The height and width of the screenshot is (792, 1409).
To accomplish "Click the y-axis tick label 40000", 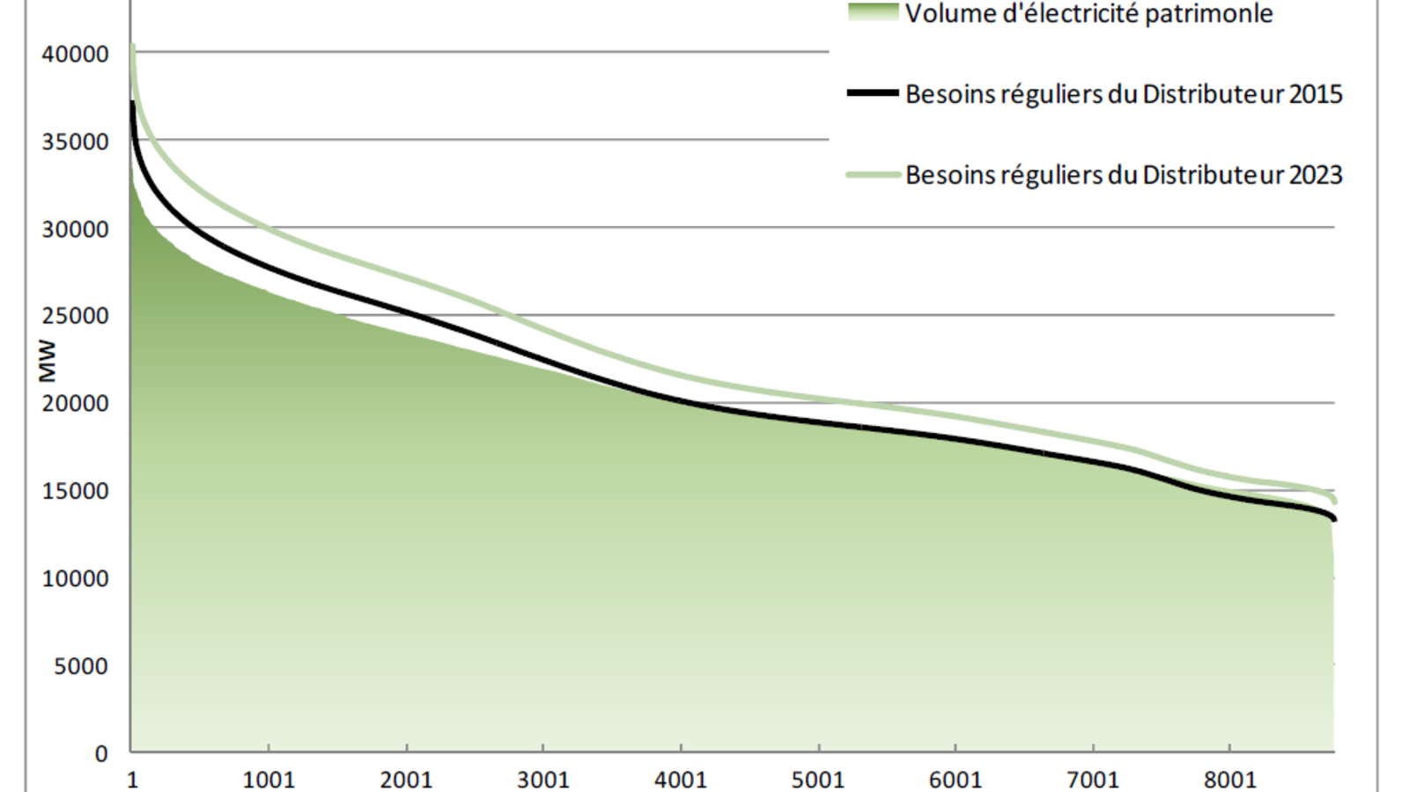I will click(x=75, y=55).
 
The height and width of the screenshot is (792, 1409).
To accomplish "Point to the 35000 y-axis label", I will click(x=75, y=142).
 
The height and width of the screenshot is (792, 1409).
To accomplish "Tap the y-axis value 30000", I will click(x=75, y=230).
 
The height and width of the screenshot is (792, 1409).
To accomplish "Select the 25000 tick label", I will click(x=75, y=316).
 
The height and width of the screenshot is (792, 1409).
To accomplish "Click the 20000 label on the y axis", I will click(x=75, y=404).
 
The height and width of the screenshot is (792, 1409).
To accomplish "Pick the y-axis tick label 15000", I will click(x=75, y=491).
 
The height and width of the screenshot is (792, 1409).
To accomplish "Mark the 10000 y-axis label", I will click(x=75, y=579).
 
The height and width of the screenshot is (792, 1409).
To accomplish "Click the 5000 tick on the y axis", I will click(x=80, y=666).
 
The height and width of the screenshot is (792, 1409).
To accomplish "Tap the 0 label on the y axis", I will click(x=101, y=754).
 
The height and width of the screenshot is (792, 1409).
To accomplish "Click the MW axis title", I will click(x=47, y=361).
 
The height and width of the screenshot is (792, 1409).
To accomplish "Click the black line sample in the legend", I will click(x=873, y=93).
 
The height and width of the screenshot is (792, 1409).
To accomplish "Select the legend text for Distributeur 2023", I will click(x=1124, y=175).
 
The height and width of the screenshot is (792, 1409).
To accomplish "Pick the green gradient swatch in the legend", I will click(x=873, y=12).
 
